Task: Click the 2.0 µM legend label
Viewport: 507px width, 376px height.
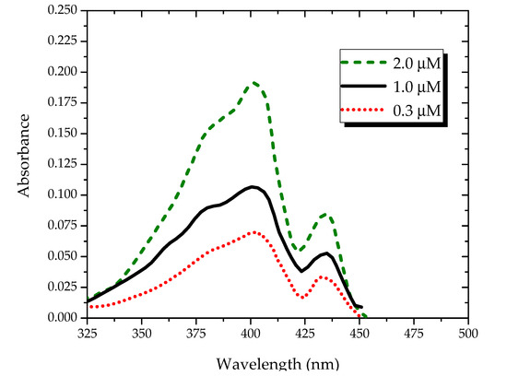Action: point(417,64)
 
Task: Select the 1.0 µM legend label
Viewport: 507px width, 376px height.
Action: point(417,87)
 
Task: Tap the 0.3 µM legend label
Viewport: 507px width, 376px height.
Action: point(417,111)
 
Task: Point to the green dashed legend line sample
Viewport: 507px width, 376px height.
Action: point(363,62)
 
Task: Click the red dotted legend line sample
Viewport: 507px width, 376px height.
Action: point(362,110)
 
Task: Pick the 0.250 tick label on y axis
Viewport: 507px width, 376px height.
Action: point(63,10)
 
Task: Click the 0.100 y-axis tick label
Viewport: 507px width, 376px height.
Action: point(63,194)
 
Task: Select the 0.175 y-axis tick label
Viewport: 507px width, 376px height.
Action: point(63,102)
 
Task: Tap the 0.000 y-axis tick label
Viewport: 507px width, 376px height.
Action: point(63,318)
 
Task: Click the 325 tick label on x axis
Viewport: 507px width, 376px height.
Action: point(87,334)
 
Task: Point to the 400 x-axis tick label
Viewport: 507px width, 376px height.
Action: point(251,334)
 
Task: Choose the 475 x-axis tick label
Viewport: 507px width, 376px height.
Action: point(414,334)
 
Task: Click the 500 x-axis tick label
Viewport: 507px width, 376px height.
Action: point(468,334)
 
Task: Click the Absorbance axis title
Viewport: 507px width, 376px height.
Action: point(24,156)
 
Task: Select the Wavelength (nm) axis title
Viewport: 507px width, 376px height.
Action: point(277,364)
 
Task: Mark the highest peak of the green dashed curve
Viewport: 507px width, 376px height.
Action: point(254,83)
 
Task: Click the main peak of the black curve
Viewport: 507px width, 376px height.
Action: point(253,187)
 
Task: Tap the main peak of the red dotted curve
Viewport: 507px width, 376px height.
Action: point(254,232)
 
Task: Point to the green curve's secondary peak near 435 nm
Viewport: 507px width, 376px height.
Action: point(325,214)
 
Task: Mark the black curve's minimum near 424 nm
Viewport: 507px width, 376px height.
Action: point(301,271)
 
